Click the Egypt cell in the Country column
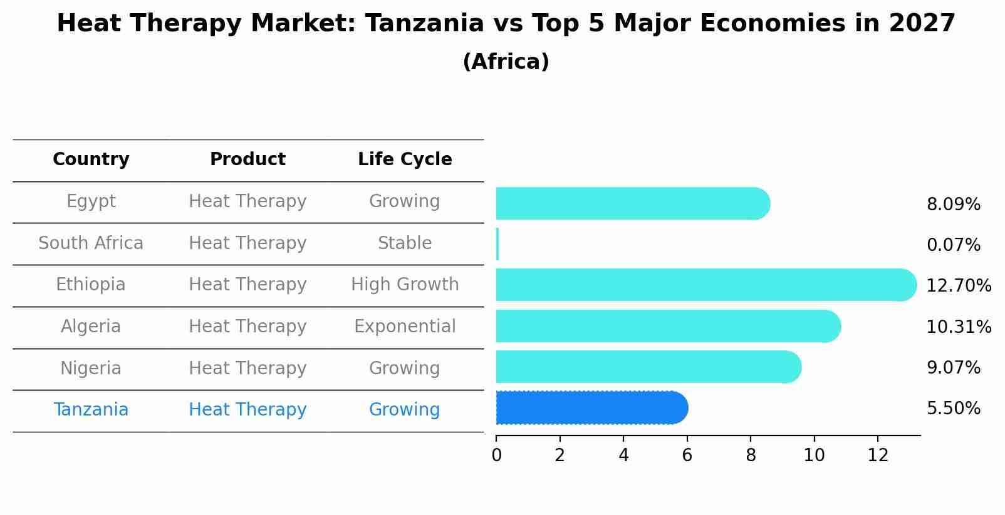[x=91, y=201]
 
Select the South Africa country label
[x=91, y=243]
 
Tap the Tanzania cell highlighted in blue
[x=91, y=410]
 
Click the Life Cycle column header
[x=405, y=160]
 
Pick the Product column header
[x=247, y=160]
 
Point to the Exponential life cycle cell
[x=405, y=327]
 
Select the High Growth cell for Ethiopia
[x=405, y=285]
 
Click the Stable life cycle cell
[x=405, y=243]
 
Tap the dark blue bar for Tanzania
[x=591, y=408]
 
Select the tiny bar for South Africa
[x=497, y=244]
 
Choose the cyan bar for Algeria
[x=668, y=326]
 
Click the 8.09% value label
[x=953, y=205]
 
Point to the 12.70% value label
[x=959, y=286]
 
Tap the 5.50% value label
[x=953, y=409]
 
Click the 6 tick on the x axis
[x=687, y=456]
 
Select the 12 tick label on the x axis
[x=878, y=456]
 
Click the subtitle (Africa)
[x=506, y=62]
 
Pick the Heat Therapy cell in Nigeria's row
[x=247, y=369]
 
